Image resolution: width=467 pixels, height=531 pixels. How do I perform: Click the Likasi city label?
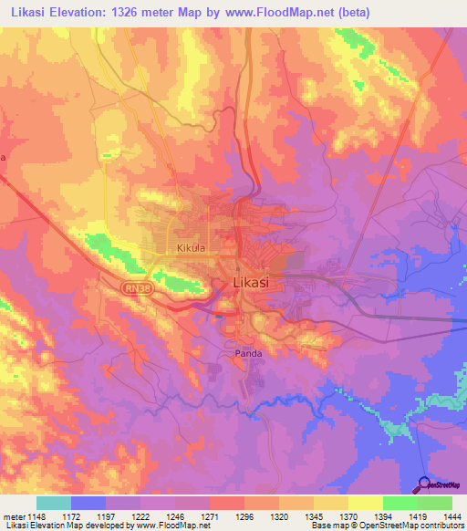[251, 283]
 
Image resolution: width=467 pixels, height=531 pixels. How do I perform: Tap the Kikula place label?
[194, 247]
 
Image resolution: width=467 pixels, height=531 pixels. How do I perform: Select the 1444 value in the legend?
[451, 516]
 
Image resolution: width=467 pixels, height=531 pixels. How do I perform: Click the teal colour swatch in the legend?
[53, 503]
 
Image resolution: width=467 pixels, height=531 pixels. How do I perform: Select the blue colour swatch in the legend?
[88, 503]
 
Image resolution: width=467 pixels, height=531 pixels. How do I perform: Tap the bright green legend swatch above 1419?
[400, 503]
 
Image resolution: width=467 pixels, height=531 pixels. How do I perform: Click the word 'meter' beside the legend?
[11, 516]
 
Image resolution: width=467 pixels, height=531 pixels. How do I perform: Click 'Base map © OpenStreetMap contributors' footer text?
[384, 526]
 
